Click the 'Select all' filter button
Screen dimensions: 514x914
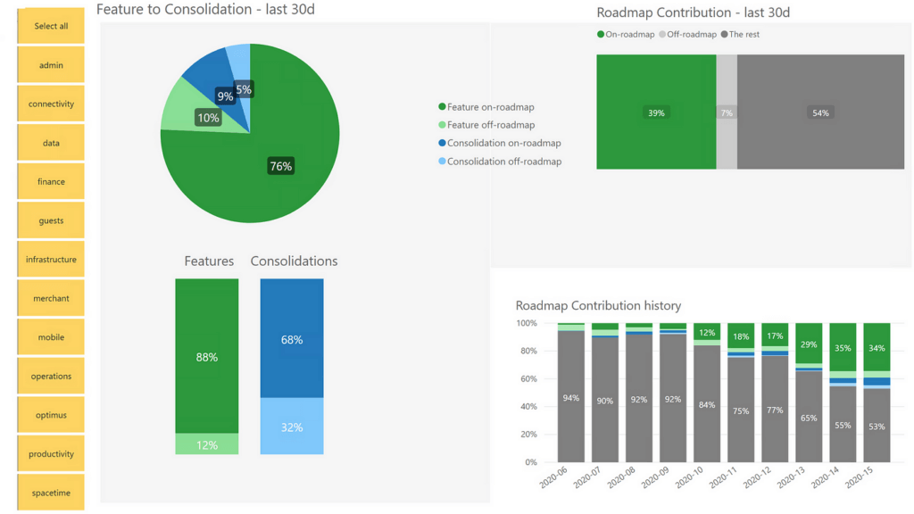(x=51, y=26)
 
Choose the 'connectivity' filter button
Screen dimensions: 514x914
(x=51, y=104)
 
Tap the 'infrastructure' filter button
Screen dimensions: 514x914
(x=51, y=260)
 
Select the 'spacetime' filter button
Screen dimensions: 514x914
(x=51, y=493)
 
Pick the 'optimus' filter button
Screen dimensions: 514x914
(x=51, y=415)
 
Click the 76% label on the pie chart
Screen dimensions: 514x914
(x=281, y=166)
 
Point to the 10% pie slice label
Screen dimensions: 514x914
(x=208, y=118)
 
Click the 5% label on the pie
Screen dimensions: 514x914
(x=244, y=89)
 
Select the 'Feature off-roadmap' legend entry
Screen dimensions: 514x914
(x=490, y=125)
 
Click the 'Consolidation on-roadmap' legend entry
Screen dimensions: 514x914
(x=503, y=143)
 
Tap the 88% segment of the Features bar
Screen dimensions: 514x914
(x=207, y=357)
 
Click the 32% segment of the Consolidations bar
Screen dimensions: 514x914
(x=292, y=427)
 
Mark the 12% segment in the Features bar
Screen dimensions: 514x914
(x=207, y=444)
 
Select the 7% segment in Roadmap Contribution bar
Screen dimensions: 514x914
(x=727, y=113)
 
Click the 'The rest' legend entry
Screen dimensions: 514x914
(x=744, y=35)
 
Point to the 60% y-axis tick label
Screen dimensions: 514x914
(x=527, y=379)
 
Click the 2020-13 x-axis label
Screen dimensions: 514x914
(x=793, y=478)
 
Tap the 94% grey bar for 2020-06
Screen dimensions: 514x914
(x=571, y=398)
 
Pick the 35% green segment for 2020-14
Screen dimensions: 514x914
(x=843, y=348)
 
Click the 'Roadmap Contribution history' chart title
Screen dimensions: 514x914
(x=598, y=305)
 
